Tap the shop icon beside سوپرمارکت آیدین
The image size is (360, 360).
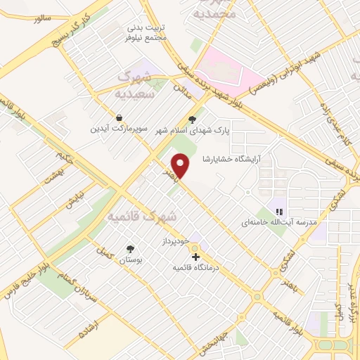120,117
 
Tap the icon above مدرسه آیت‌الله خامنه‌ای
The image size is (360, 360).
279,210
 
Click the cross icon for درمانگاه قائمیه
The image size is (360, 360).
195,257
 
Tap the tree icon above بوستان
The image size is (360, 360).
130,248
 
